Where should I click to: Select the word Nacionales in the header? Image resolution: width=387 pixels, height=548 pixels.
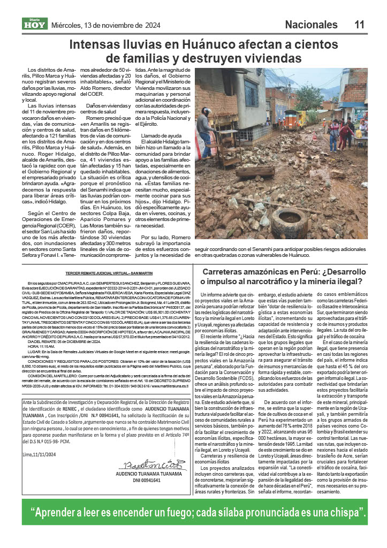coord(311,25)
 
